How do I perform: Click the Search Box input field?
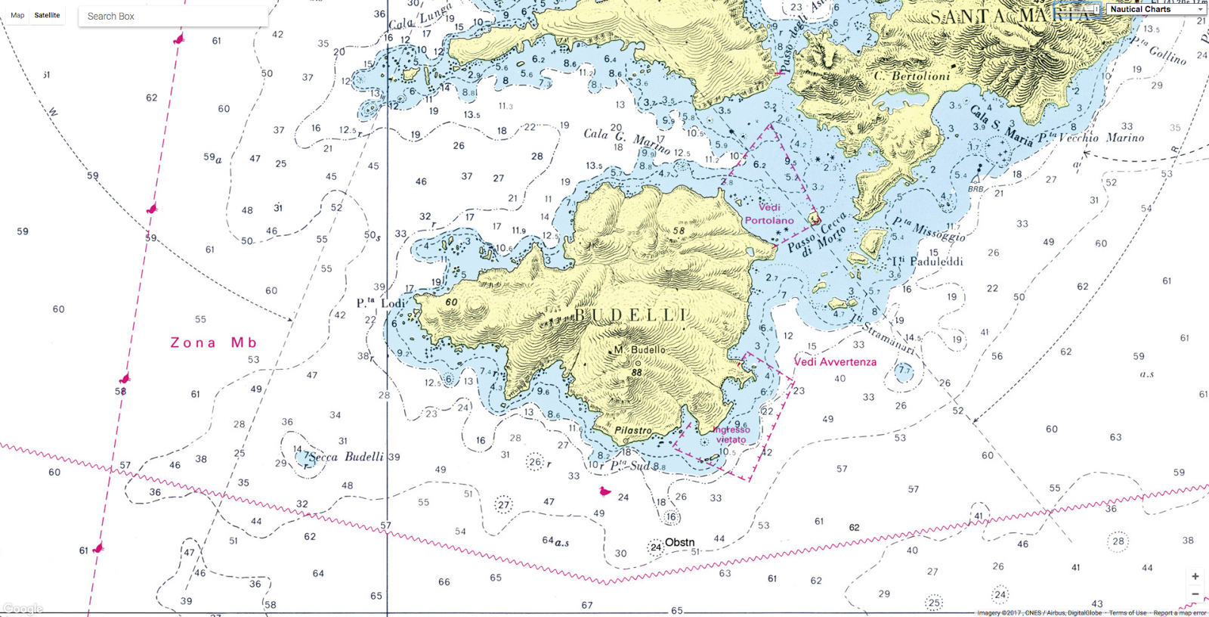172,16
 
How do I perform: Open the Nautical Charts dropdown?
1156,9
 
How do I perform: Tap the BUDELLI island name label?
631,315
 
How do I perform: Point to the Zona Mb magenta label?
213,343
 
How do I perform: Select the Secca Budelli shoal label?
346,457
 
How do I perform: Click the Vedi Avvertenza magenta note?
835,362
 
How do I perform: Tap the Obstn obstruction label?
679,542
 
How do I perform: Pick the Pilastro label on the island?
632,430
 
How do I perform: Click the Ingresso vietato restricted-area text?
731,435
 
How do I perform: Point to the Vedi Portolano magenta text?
769,213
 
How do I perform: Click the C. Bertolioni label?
912,76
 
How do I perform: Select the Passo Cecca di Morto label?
817,235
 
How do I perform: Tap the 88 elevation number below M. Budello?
636,372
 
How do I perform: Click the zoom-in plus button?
1195,576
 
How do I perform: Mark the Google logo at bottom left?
23,609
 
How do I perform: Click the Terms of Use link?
1127,612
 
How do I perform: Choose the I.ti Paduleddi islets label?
927,262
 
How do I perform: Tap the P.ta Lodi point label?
381,303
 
